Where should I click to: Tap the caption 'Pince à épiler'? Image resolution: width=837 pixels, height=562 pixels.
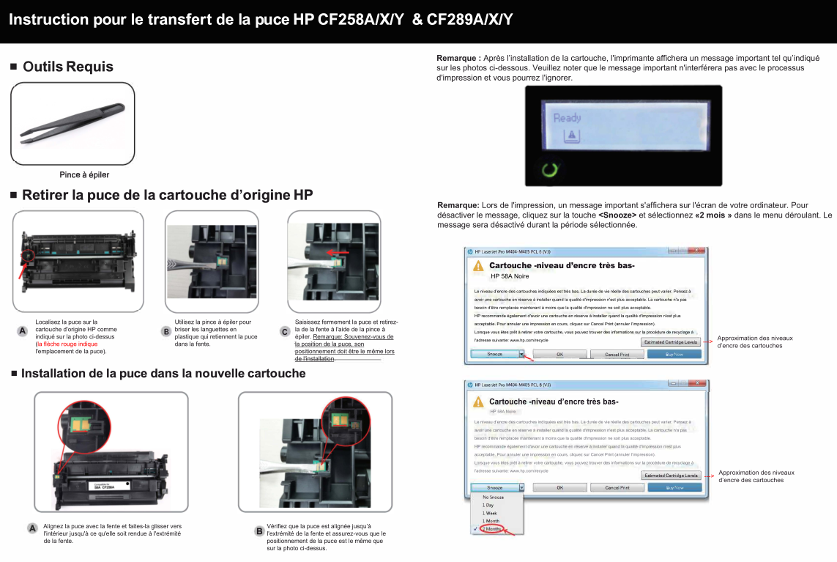(84, 174)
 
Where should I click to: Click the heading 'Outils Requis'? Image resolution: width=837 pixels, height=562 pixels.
(68, 67)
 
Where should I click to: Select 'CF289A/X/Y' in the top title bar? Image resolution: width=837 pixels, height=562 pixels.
(469, 19)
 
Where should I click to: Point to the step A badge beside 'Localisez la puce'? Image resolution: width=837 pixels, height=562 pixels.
(23, 331)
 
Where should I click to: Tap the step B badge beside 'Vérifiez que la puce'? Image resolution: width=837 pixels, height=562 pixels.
(258, 530)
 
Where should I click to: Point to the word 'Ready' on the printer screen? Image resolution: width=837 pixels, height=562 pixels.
(567, 118)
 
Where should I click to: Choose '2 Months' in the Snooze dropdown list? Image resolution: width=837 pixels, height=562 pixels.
(492, 529)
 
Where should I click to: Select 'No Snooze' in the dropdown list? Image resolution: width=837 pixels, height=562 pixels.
(493, 497)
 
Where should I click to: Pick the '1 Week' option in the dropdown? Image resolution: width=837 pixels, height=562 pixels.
(489, 513)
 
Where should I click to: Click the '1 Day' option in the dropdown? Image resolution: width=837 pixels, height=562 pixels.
(488, 505)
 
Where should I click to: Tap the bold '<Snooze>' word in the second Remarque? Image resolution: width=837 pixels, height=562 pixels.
(617, 215)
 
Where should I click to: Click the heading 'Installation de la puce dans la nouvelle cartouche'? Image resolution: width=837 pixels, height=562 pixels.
(163, 374)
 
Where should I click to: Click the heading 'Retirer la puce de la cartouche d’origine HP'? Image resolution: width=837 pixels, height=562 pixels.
(167, 195)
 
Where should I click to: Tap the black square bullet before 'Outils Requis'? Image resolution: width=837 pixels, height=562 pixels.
(13, 67)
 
